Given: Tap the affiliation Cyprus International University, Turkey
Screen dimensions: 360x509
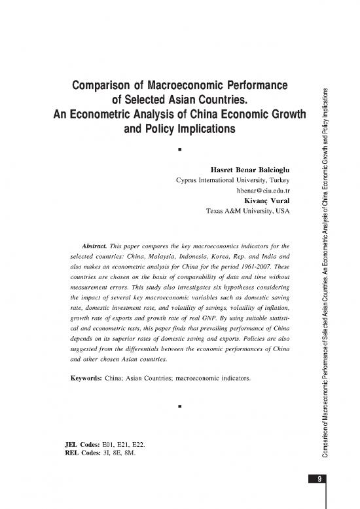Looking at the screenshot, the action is click(232, 179).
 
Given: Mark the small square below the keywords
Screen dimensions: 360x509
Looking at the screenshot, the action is click(179, 406).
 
